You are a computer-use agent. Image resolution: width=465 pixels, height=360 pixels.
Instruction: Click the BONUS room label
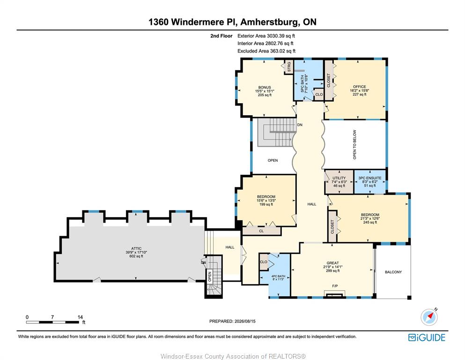coord(264,88)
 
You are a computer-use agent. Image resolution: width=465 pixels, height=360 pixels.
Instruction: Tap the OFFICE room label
coord(360,87)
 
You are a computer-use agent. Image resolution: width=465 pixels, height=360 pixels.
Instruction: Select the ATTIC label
coord(136,249)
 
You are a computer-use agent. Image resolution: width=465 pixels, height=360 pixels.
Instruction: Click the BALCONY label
coord(393,272)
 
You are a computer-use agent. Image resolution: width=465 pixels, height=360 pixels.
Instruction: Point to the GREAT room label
coord(332,263)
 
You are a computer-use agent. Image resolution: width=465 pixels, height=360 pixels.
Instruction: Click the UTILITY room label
coord(339,178)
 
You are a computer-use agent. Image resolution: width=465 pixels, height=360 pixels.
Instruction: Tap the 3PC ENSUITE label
coord(370,178)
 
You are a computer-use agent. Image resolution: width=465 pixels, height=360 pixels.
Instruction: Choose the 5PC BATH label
coord(302,83)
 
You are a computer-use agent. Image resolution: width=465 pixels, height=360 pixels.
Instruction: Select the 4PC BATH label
coord(278,276)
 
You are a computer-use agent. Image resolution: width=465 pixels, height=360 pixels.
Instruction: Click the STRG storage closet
coord(289,67)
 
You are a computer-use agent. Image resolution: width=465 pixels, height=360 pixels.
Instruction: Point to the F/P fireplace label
coord(335,286)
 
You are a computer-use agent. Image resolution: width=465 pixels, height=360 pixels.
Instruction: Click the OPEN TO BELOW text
coord(354,144)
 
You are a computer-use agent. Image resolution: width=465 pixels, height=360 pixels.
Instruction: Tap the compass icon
coord(429,317)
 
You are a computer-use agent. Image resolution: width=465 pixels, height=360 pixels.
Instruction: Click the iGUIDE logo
coord(427,337)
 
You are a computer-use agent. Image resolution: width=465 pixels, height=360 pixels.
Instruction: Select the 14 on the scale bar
coord(80,317)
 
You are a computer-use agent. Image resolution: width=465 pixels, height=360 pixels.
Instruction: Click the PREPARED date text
coord(232,321)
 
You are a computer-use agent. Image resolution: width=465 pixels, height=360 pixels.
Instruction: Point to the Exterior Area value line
coord(266,36)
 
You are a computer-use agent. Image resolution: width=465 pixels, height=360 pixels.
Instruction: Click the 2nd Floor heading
coord(221,36)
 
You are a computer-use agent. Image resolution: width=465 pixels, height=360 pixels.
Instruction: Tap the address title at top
coord(232,22)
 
